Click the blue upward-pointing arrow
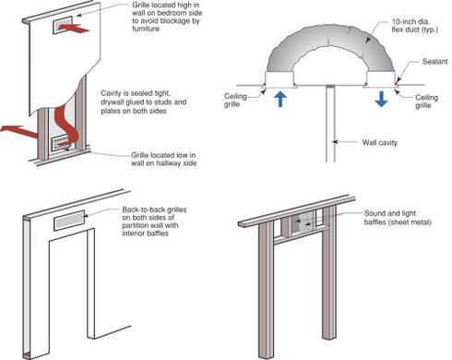(280, 100)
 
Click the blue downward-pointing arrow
(381, 100)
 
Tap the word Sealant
(434, 62)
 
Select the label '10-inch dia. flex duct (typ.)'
(414, 26)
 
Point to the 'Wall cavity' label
(380, 142)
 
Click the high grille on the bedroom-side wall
(63, 25)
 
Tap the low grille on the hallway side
(62, 144)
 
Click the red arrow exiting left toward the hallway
(19, 132)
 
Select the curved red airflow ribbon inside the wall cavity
(66, 122)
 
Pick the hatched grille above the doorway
(69, 221)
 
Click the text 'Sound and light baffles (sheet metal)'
(398, 218)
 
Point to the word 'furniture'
(146, 29)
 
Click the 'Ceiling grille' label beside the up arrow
(235, 100)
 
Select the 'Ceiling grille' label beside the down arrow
(426, 102)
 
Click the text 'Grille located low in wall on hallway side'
(163, 159)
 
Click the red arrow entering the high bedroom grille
(73, 29)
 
